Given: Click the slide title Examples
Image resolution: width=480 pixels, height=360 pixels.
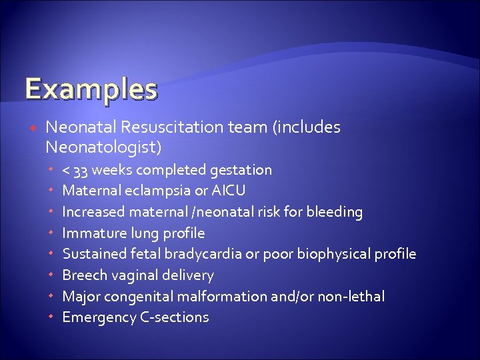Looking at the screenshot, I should (x=91, y=89).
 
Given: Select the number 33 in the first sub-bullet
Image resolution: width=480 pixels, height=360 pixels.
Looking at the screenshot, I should (x=81, y=171).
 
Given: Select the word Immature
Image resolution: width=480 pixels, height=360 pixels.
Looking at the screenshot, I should (x=91, y=233).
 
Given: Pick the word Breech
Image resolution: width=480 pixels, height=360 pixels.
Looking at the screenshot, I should (x=83, y=275).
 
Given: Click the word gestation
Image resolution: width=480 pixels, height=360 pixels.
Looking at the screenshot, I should (x=241, y=171).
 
